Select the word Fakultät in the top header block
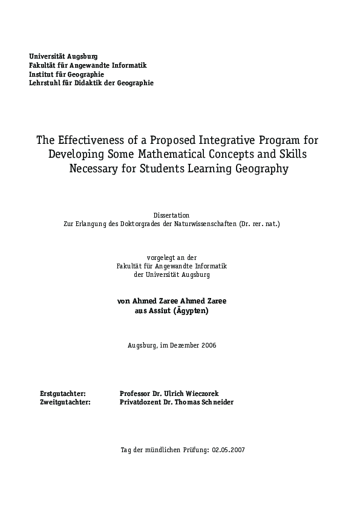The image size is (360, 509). (44, 65)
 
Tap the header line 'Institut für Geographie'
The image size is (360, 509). (67, 74)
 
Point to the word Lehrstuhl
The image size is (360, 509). (45, 83)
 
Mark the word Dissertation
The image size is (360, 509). (171, 215)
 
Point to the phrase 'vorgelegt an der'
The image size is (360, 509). (172, 258)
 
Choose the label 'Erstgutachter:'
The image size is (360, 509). (62, 393)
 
